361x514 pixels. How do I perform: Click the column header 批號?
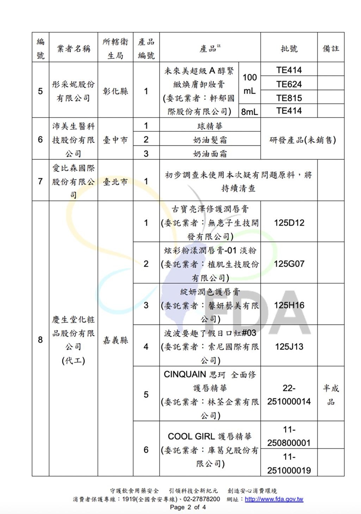289,49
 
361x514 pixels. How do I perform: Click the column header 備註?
331,49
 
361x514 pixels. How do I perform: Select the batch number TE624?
289,84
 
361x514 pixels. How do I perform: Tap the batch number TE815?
289,98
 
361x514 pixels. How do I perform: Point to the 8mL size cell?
249,112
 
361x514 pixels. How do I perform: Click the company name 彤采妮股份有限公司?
73,91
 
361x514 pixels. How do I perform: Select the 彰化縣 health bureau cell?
115,91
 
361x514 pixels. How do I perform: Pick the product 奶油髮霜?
210,140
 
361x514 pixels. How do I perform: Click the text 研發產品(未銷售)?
303,140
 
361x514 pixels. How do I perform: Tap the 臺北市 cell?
115,182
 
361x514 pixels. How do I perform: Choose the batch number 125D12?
289,223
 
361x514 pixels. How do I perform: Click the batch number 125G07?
289,264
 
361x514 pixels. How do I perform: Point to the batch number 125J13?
289,347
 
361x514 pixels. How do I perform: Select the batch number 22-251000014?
289,395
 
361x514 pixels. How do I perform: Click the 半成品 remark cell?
331,395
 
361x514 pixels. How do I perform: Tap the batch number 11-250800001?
289,436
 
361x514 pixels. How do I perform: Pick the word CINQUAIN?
185,375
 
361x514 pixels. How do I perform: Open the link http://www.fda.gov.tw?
274,499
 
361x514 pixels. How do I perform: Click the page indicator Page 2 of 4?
188,507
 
